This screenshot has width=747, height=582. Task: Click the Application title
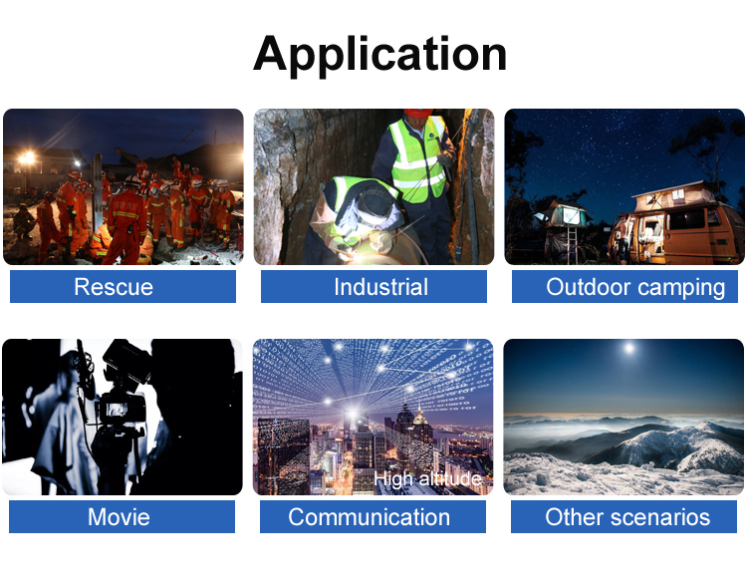pyautogui.click(x=379, y=55)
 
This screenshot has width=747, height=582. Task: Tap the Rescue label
pyautogui.click(x=114, y=287)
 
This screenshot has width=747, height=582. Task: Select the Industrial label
pyautogui.click(x=380, y=287)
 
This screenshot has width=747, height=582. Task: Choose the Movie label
pyautogui.click(x=119, y=517)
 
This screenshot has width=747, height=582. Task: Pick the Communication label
pyautogui.click(x=369, y=517)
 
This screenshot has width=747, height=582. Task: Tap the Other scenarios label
pyautogui.click(x=627, y=517)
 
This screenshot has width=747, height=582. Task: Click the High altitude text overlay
pyautogui.click(x=427, y=478)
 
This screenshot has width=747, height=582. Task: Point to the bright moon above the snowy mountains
pyautogui.click(x=629, y=348)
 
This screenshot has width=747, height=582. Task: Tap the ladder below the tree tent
pyautogui.click(x=573, y=244)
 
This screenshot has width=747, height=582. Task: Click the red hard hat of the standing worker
pyautogui.click(x=417, y=113)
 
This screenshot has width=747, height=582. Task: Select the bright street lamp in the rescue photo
pyautogui.click(x=27, y=157)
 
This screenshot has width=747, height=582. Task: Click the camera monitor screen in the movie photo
pyautogui.click(x=116, y=410)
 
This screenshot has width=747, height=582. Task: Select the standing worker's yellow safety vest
pyautogui.click(x=417, y=159)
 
